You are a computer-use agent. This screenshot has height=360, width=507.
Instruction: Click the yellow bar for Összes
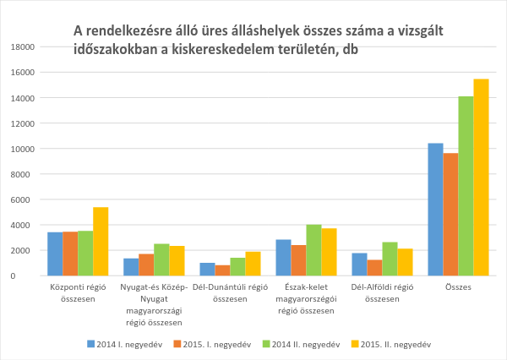pos(481,177)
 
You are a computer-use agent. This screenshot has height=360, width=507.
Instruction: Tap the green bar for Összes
pos(466,186)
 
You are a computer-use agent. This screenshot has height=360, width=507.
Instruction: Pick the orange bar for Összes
pos(450,215)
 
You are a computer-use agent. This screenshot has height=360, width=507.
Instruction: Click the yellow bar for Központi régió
pos(101,242)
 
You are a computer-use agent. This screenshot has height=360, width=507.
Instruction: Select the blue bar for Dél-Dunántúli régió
pos(207,269)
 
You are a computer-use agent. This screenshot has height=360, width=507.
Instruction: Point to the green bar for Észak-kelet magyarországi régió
pos(313,250)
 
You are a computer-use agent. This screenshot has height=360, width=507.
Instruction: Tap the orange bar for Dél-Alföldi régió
pos(374,267)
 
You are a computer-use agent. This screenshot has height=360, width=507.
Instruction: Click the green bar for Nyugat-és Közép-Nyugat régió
pos(161,259)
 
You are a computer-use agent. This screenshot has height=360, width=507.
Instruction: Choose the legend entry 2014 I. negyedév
pos(119,344)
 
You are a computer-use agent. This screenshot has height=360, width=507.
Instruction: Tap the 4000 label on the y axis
pos(25,225)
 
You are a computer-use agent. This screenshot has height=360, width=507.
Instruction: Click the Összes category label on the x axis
pos(458,288)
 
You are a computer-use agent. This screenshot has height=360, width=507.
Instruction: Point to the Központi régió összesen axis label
pos(78,293)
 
